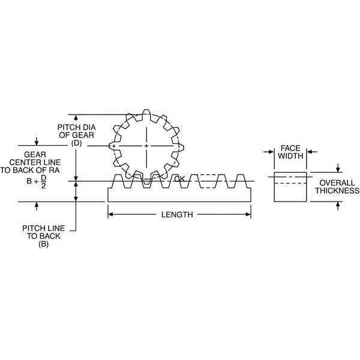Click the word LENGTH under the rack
pos(177,215)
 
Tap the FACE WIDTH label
pos(290,152)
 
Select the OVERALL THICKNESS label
pos(337,187)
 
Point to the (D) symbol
pos(76,143)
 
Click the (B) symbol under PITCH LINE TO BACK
pos(43,244)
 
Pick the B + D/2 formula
pos(36,181)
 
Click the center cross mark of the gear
pos(146,146)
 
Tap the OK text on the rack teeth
pos(179,179)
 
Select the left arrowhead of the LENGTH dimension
pos(110,214)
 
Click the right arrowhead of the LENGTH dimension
pos(248,214)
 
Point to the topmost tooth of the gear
pos(146,114)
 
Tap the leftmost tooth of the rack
pos(118,181)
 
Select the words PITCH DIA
pos(76,127)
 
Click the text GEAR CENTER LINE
pos(35,158)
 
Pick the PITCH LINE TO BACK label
pos(43,232)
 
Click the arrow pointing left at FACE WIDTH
pos(312,152)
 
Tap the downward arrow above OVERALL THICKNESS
pos(337,168)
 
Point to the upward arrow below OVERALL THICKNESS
pos(337,206)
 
